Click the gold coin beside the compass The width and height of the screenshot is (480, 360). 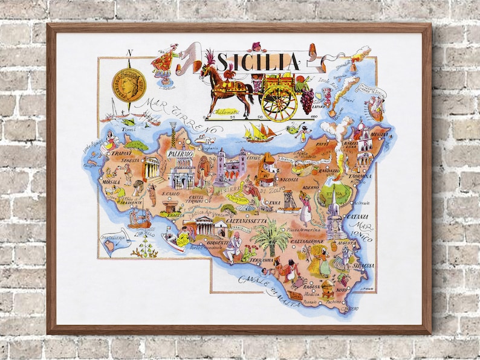[x=130, y=84]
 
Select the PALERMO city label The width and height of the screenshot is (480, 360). [x=180, y=155]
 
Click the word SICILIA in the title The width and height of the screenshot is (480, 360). [x=258, y=62]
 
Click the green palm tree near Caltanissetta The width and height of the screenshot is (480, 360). [x=270, y=236]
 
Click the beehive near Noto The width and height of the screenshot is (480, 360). [x=327, y=284]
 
